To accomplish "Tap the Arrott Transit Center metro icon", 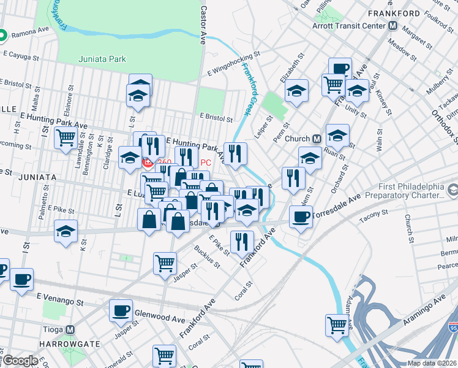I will (x=393, y=26).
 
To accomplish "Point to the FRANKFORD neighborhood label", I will (x=394, y=13).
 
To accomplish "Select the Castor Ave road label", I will (x=203, y=25).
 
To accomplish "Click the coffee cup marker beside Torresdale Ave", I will (x=300, y=217).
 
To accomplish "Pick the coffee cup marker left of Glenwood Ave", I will (x=121, y=310).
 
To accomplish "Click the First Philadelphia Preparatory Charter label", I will (x=402, y=190).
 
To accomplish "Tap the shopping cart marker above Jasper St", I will (x=165, y=264).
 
